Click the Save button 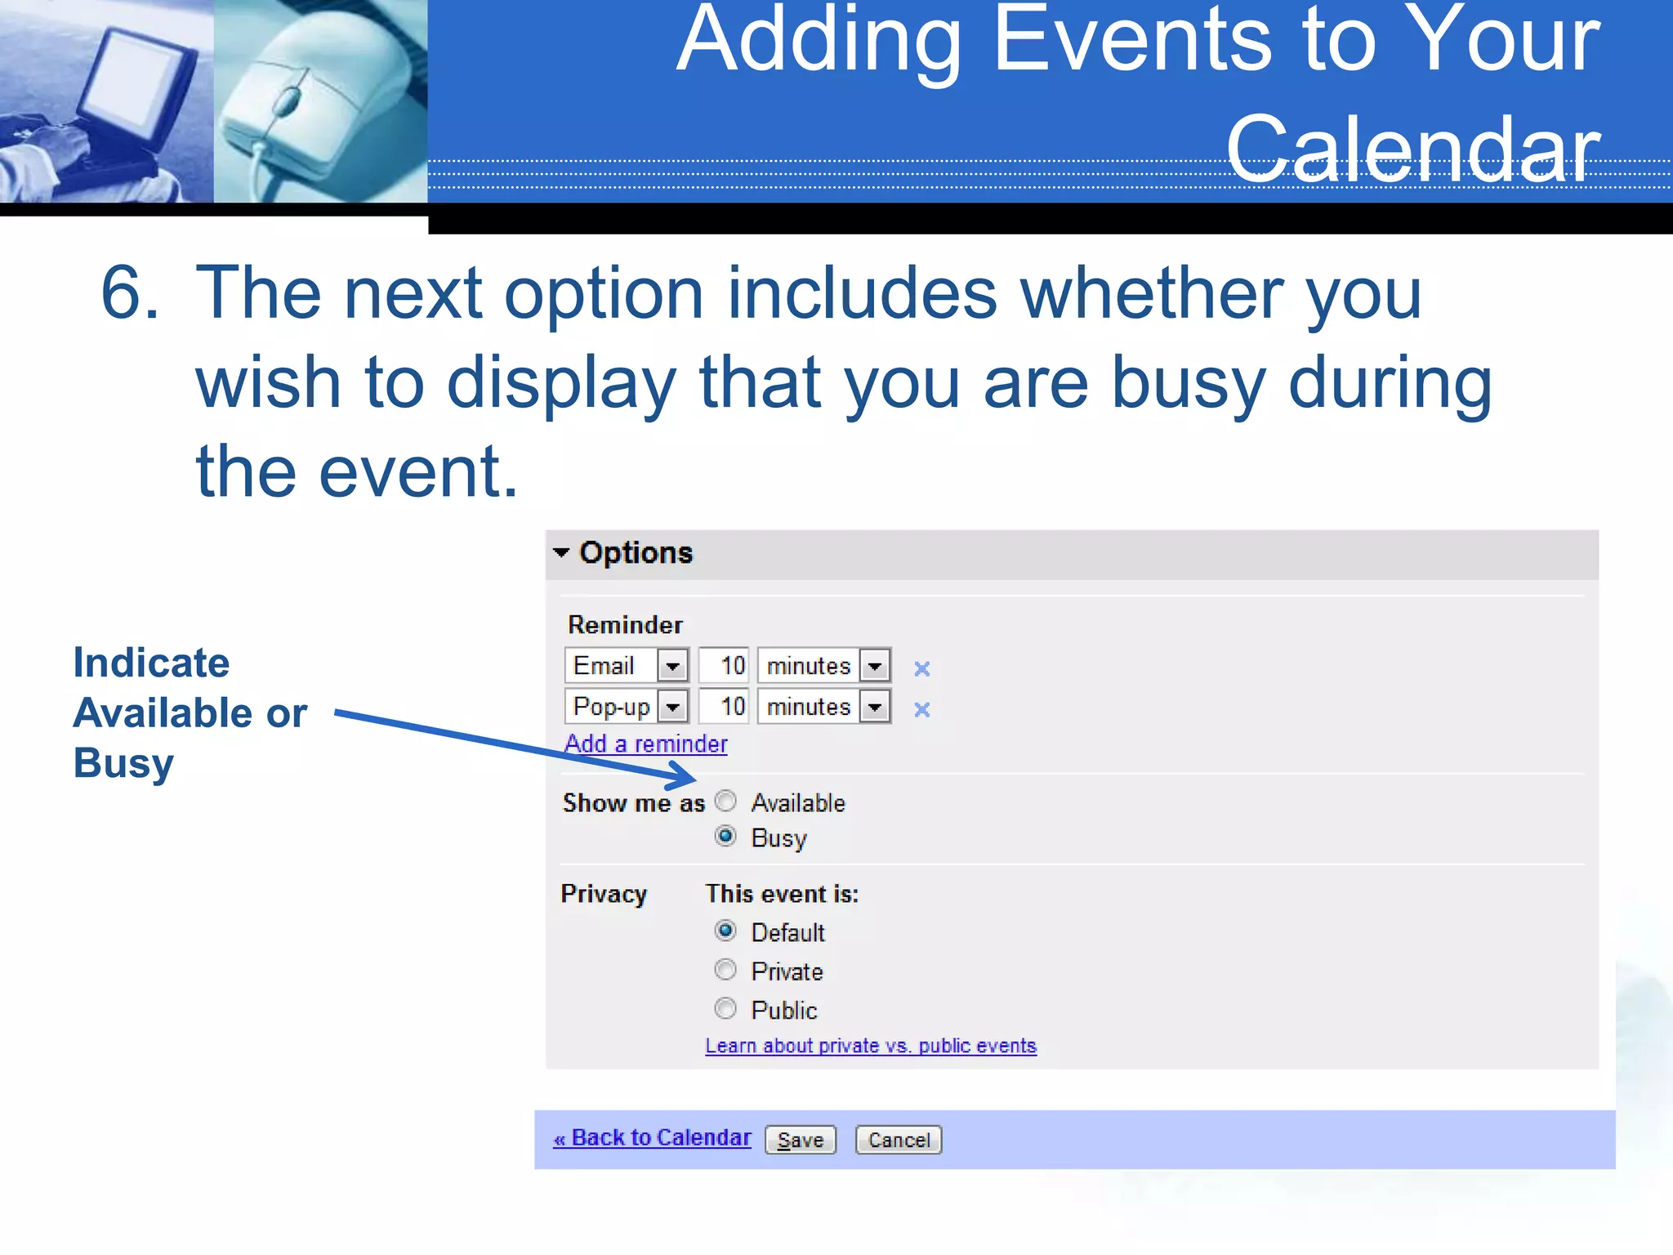click(x=800, y=1140)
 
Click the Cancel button click(x=898, y=1140)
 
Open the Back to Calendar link click(x=652, y=1138)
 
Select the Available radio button click(x=725, y=802)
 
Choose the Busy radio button click(x=725, y=837)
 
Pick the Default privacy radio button click(x=725, y=931)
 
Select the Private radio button click(x=725, y=970)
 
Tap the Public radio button click(x=725, y=1009)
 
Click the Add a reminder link click(x=645, y=744)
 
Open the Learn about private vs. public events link click(x=871, y=1046)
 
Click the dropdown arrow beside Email click(x=673, y=666)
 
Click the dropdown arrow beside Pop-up click(x=673, y=707)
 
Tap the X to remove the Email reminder click(x=921, y=668)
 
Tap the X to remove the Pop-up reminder click(x=921, y=709)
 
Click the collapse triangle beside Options click(x=561, y=552)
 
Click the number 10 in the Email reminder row click(x=732, y=666)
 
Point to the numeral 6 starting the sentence click(x=129, y=293)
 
